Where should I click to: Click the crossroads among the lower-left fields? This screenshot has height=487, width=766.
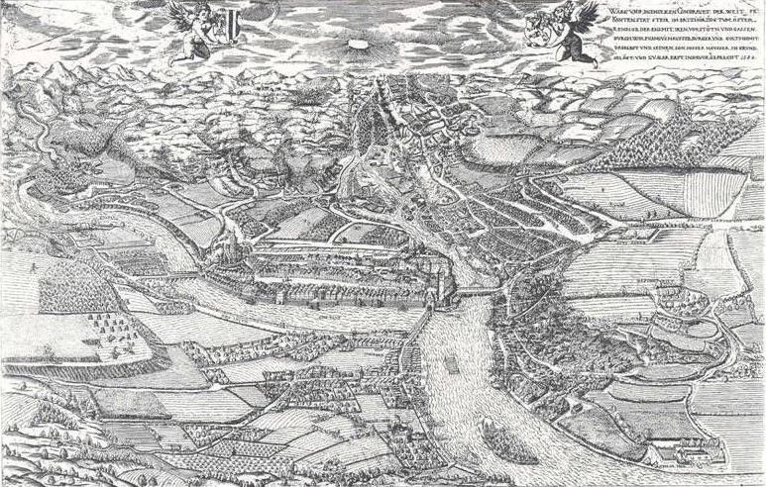tap(248, 396)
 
